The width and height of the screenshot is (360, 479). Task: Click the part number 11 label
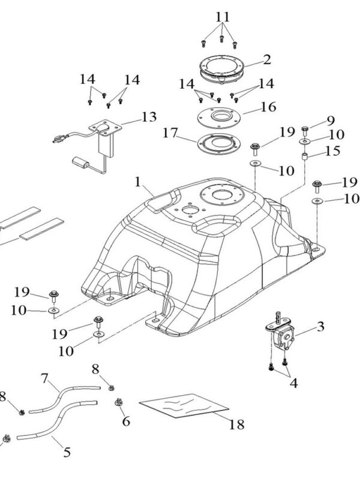point(222,14)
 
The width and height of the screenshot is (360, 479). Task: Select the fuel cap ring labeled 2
point(223,66)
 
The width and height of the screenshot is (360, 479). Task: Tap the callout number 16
point(268,107)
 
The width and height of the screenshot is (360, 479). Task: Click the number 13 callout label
point(148,116)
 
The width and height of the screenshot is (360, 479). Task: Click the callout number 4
point(294,381)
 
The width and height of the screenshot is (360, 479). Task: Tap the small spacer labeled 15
point(305,157)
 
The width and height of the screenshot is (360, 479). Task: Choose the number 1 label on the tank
point(139,180)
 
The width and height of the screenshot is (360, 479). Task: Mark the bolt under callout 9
point(305,128)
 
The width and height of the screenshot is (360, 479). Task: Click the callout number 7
point(44,379)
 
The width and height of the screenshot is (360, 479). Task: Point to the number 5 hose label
point(67,453)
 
